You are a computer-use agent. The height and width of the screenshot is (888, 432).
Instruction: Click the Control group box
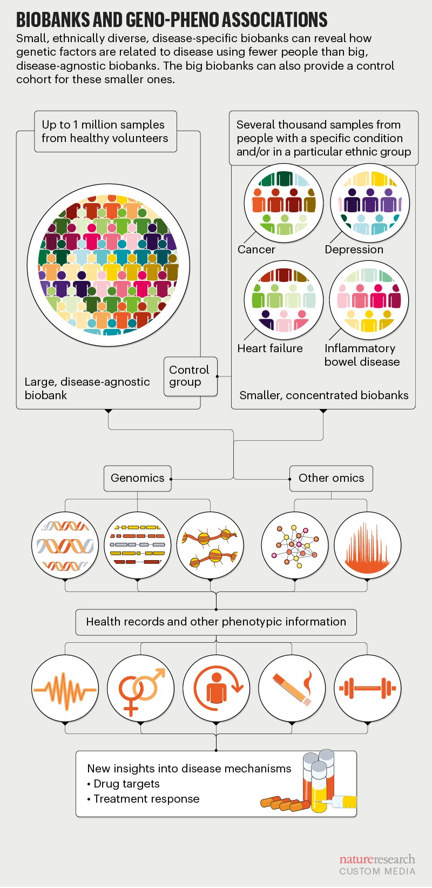click(190, 376)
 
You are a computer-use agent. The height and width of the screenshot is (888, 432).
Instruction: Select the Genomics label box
click(137, 478)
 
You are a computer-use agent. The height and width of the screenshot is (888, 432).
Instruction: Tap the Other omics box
click(331, 478)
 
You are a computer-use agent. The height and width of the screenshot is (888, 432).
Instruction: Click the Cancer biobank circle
click(283, 204)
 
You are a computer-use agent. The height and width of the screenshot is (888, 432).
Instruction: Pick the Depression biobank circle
click(370, 204)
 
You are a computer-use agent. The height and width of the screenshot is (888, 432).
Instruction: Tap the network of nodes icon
click(294, 546)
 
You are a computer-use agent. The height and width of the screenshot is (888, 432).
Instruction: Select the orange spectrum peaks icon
click(367, 546)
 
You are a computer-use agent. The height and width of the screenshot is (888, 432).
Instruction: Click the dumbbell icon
click(367, 689)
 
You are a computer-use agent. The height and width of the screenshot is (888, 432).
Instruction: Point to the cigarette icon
click(292, 689)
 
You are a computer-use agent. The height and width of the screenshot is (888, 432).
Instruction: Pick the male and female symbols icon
click(141, 689)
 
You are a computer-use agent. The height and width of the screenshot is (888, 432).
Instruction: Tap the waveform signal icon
click(65, 689)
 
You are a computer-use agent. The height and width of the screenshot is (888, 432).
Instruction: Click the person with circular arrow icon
click(217, 689)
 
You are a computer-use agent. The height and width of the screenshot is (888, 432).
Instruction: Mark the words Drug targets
click(126, 784)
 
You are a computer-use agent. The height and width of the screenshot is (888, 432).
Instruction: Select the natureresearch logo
click(377, 859)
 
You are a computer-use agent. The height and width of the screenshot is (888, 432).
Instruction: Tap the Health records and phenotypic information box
click(216, 622)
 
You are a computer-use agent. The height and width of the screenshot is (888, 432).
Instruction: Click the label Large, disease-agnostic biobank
click(87, 388)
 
